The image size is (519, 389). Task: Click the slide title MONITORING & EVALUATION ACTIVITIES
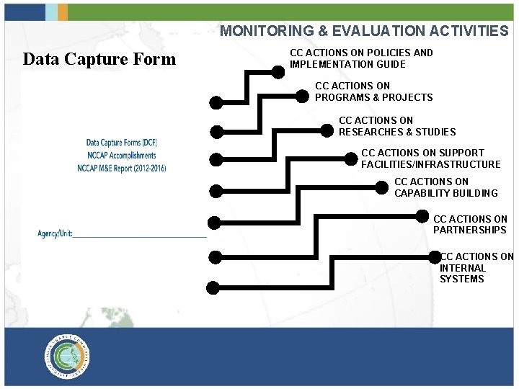(363, 31)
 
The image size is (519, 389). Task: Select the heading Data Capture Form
(99, 60)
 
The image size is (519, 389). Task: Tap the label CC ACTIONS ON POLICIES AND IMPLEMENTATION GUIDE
(361, 58)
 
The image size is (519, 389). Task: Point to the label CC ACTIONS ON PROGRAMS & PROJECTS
(373, 91)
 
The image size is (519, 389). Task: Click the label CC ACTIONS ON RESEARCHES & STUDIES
(397, 126)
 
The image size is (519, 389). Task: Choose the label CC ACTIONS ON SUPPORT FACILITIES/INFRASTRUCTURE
(430, 158)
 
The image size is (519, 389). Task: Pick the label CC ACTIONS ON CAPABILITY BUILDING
(445, 187)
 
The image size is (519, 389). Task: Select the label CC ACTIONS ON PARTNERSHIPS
(470, 224)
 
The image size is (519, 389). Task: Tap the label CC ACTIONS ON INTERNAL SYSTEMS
(476, 267)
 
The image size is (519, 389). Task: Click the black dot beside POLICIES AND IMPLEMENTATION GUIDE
(278, 71)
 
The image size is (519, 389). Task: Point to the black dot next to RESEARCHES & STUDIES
(327, 130)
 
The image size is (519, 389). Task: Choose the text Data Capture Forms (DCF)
(122, 143)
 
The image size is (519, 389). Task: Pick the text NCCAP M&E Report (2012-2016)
(122, 168)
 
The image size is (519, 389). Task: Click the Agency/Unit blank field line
(140, 236)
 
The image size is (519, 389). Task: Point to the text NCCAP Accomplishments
(121, 156)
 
